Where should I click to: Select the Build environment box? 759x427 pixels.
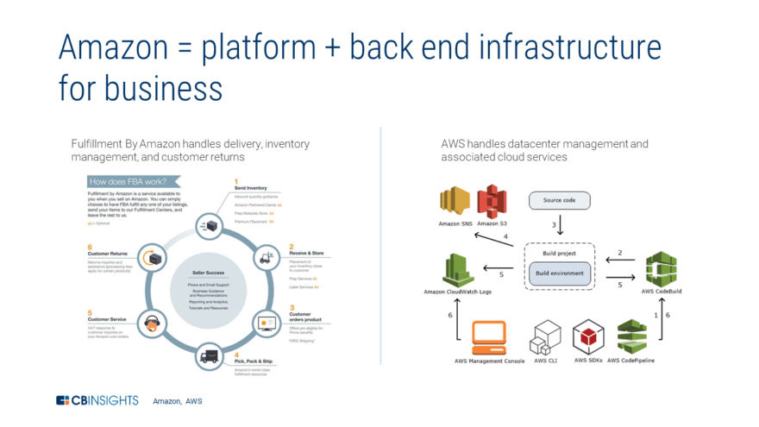(x=559, y=273)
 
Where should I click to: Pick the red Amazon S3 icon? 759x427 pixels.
(x=492, y=201)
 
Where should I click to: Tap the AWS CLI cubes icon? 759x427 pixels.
(x=546, y=337)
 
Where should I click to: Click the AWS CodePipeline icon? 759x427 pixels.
(x=631, y=336)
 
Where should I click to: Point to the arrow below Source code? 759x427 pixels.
(x=561, y=227)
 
